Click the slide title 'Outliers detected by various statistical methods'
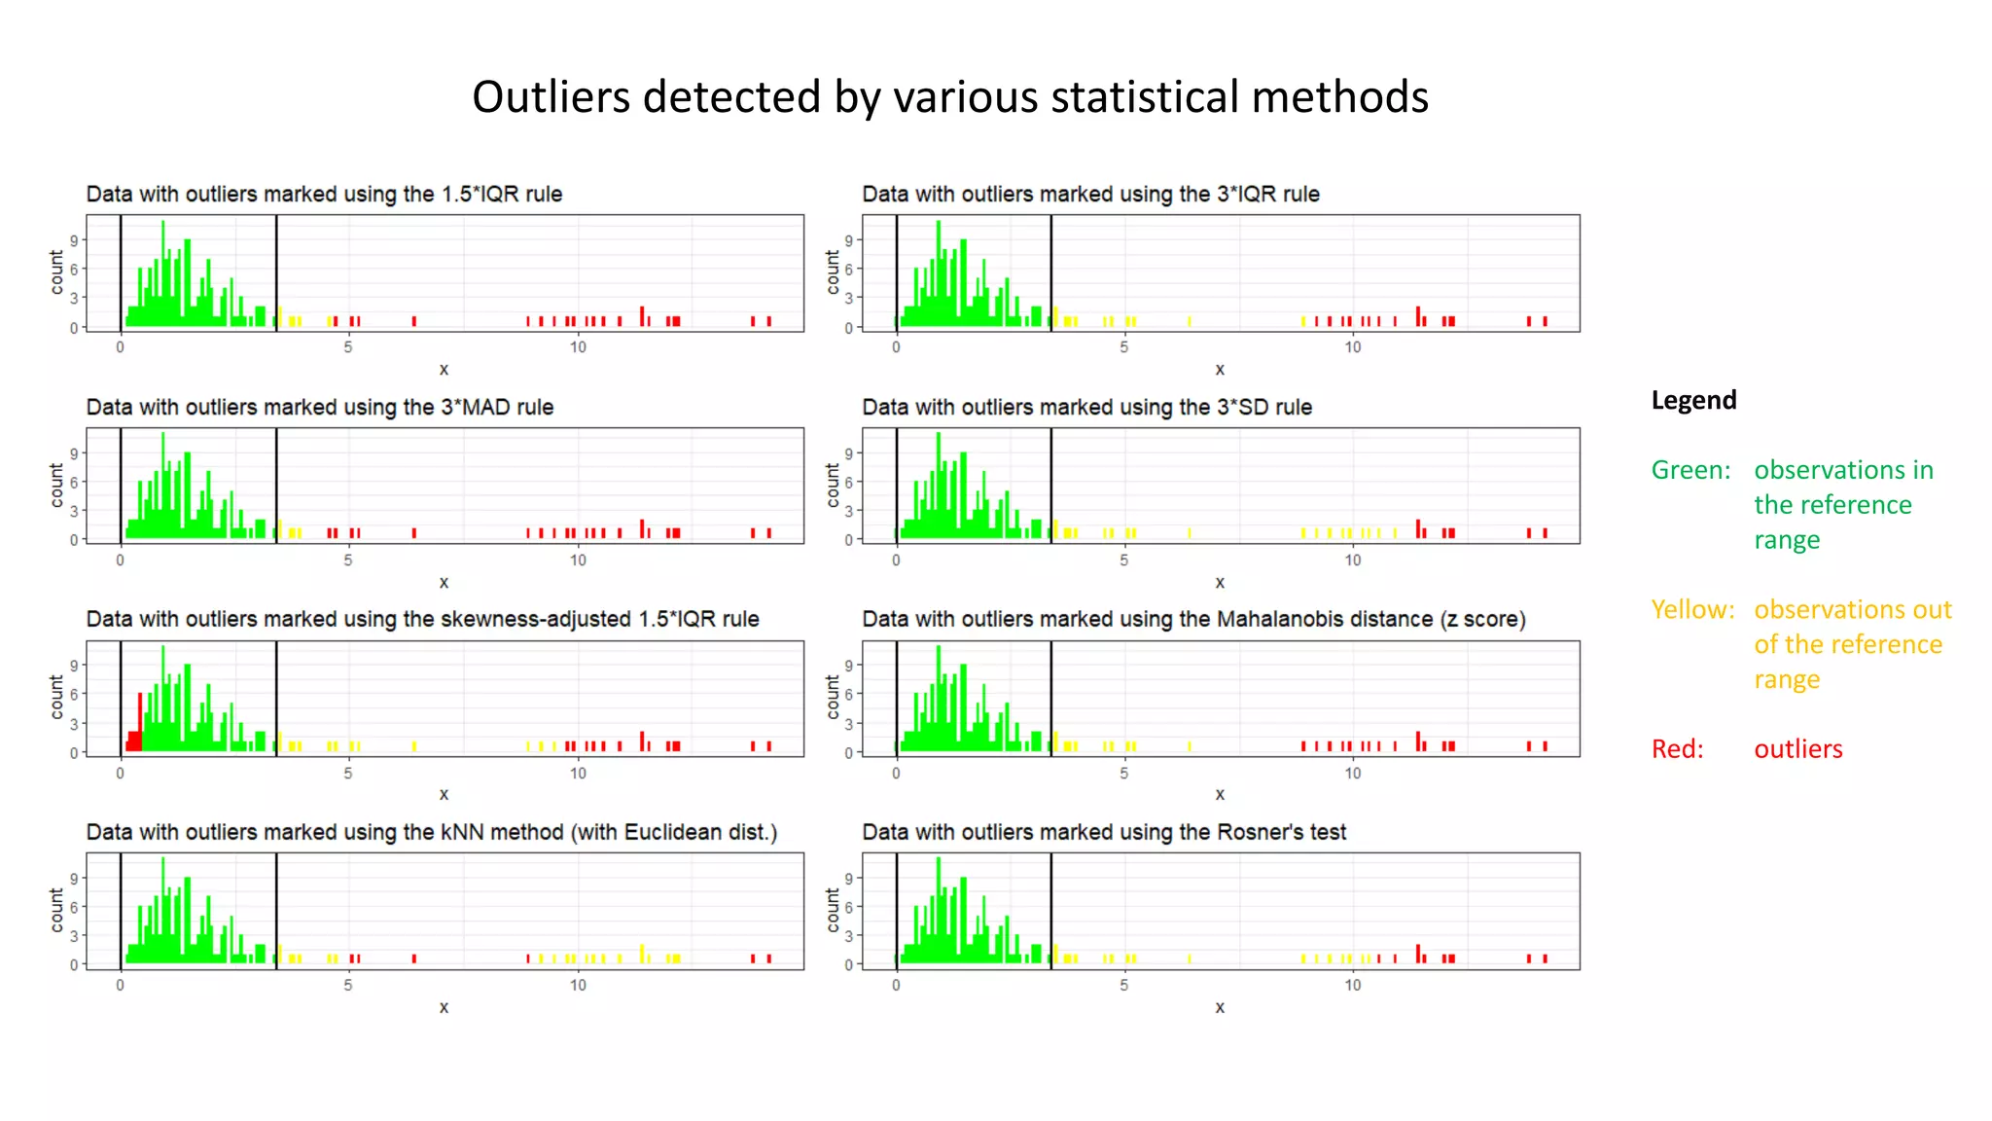coord(949,97)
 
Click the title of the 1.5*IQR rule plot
coord(324,194)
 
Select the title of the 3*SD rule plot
coord(1086,407)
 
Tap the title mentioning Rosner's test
coord(1103,832)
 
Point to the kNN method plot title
coord(431,832)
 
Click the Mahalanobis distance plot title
coord(1192,619)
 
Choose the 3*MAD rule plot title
coord(319,407)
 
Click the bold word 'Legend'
coord(1692,400)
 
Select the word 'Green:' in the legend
coord(1690,470)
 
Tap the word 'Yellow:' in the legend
coord(1692,609)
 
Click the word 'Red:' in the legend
coord(1677,748)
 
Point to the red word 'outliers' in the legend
coord(1797,748)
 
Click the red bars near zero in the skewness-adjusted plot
coord(135,739)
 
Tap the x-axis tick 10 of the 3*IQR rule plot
coord(1352,347)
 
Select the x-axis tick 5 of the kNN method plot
coord(348,985)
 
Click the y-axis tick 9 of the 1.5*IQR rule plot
coord(74,240)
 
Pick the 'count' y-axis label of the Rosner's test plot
coord(833,910)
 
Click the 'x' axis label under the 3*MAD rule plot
coord(444,582)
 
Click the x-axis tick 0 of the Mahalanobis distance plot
coord(896,773)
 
